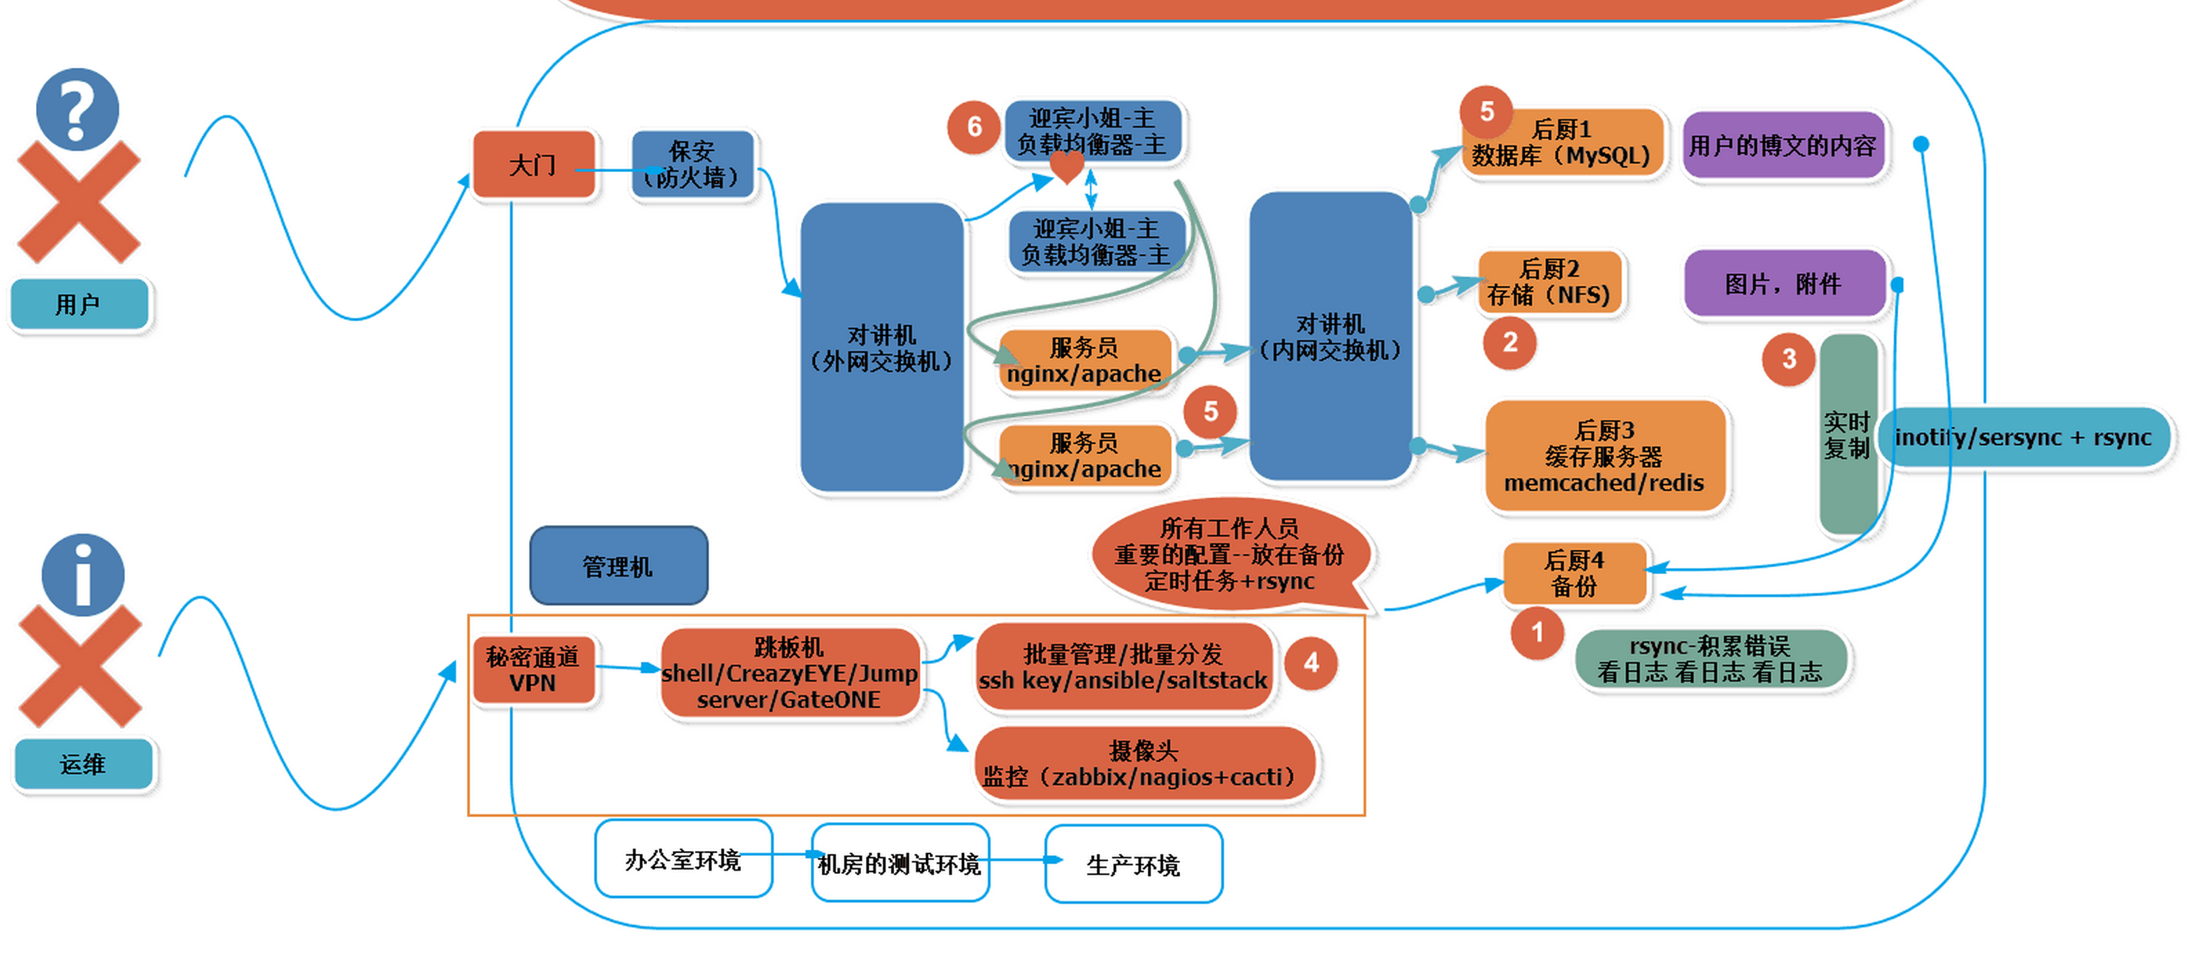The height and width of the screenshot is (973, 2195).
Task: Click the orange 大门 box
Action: pyautogui.click(x=535, y=165)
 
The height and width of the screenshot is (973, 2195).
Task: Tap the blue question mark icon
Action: pyautogui.click(x=77, y=109)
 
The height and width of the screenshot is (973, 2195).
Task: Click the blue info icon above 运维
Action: pyautogui.click(x=83, y=575)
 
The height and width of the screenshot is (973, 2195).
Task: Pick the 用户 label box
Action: pyautogui.click(x=79, y=304)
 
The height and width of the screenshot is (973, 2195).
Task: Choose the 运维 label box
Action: pyautogui.click(x=83, y=764)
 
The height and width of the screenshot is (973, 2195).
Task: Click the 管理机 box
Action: pyautogui.click(x=619, y=566)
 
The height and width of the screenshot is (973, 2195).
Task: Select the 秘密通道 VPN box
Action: pyautogui.click(x=533, y=669)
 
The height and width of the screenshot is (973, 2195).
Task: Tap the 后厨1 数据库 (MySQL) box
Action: pyautogui.click(x=1562, y=142)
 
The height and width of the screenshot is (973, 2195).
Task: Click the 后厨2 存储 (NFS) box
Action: pyautogui.click(x=1549, y=282)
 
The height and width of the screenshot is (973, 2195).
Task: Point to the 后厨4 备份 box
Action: pyautogui.click(x=1574, y=573)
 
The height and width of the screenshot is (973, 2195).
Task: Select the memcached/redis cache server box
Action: pyautogui.click(x=1606, y=456)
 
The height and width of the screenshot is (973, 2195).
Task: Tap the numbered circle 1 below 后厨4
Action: pyautogui.click(x=1537, y=632)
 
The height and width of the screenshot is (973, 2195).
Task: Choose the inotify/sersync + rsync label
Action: pyautogui.click(x=2023, y=437)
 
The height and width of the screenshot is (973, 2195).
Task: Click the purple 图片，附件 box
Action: pyautogui.click(x=1784, y=283)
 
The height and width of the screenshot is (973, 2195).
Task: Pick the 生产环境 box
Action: pyautogui.click(x=1133, y=864)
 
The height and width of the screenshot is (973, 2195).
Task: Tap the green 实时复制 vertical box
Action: pyautogui.click(x=1848, y=434)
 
